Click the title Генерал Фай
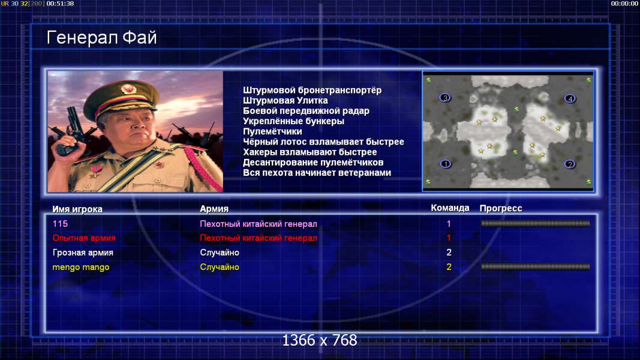click(101, 38)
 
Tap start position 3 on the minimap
click(445, 98)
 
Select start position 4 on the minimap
click(570, 98)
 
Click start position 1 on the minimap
click(445, 164)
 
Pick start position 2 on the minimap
click(570, 164)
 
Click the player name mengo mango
click(81, 268)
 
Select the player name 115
click(60, 224)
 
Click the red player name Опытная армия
click(84, 238)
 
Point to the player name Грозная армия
click(83, 253)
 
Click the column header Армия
click(214, 209)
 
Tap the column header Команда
click(450, 208)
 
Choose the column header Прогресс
click(501, 209)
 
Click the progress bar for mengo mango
click(535, 267)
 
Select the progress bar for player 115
click(535, 223)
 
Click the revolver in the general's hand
click(70, 130)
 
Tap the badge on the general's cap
click(128, 89)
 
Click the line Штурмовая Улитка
click(286, 100)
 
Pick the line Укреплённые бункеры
click(293, 121)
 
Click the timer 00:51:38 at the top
click(60, 4)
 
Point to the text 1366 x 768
click(320, 340)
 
